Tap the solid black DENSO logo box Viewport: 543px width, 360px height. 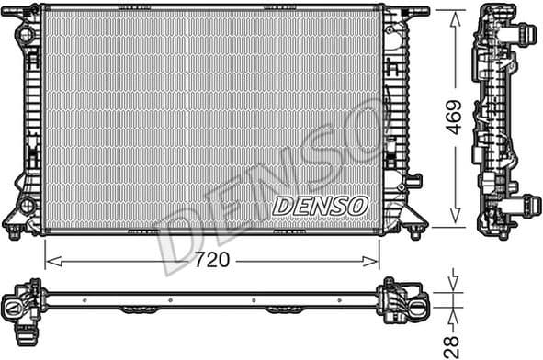[321, 205]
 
